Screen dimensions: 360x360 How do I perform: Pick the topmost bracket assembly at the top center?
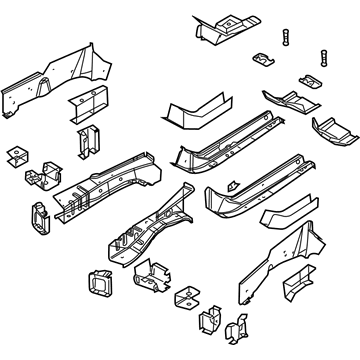point(221,28)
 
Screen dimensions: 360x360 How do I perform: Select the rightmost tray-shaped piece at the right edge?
point(333,128)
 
